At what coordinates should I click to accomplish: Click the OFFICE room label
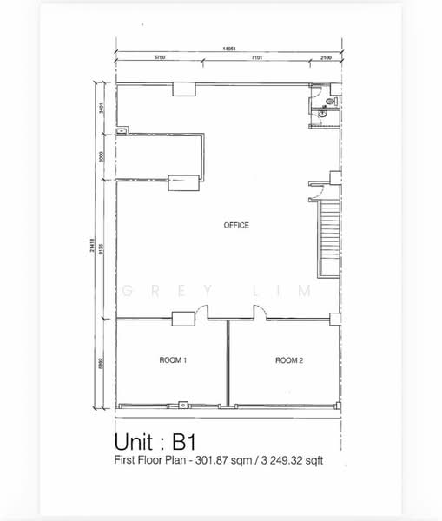point(236,226)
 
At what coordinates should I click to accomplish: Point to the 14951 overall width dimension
point(229,49)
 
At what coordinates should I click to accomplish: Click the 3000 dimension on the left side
point(102,157)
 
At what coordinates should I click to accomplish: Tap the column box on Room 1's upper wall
point(183,319)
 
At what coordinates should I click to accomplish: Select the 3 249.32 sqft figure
point(293,461)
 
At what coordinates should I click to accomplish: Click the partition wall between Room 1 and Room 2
point(228,363)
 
